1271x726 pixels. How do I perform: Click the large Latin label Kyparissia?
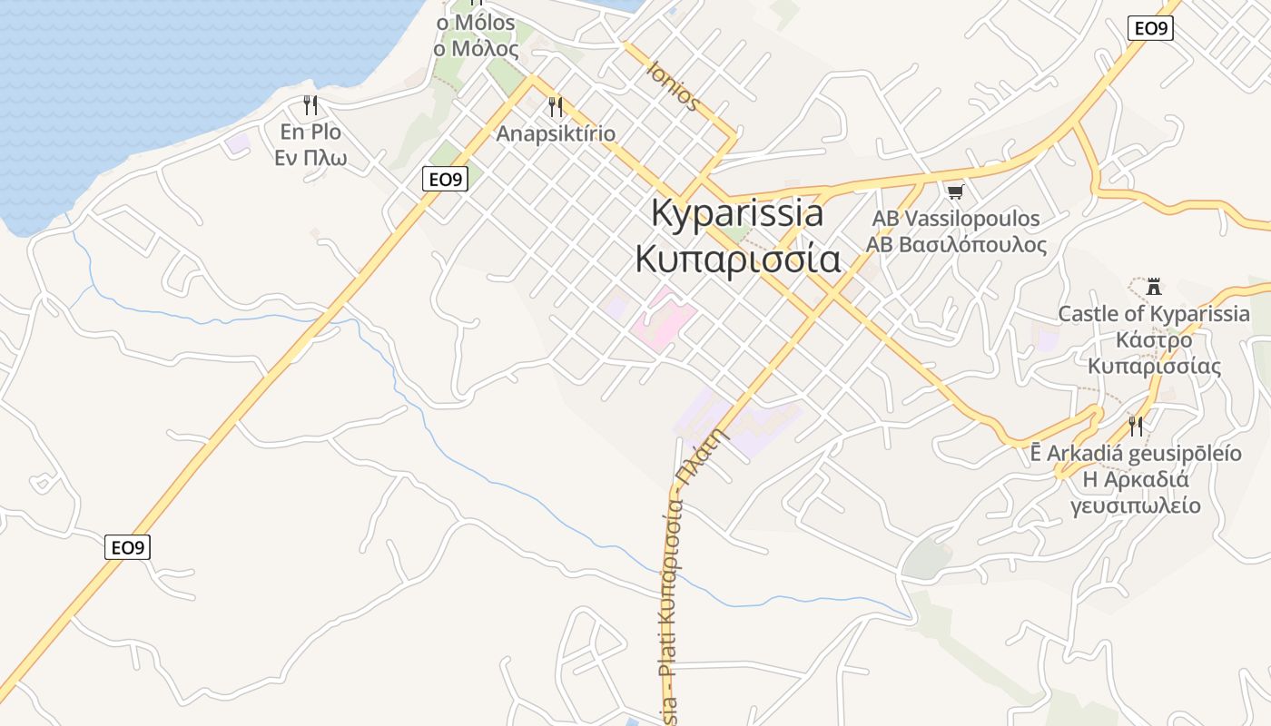[737, 213]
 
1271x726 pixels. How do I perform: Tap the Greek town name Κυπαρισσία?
[737, 259]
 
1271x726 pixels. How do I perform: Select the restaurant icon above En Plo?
[310, 105]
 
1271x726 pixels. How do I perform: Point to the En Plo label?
[310, 132]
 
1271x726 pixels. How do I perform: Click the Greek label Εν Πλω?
[310, 158]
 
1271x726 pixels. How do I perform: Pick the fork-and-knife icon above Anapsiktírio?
[556, 107]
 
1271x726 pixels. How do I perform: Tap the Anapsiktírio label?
[556, 134]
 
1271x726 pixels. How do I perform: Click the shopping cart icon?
[954, 191]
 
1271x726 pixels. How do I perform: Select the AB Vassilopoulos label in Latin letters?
[956, 219]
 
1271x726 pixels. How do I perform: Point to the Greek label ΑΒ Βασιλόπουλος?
[956, 245]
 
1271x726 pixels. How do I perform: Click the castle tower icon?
[1154, 287]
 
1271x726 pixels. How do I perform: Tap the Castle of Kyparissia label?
[1154, 315]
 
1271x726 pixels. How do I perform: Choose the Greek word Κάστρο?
[1154, 341]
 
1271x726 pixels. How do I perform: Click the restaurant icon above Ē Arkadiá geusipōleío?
[1135, 426]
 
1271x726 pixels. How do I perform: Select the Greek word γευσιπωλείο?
[1135, 505]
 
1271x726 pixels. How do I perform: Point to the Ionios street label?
[674, 86]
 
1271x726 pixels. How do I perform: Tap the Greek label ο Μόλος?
[476, 48]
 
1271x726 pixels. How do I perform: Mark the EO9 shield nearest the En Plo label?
[445, 180]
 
